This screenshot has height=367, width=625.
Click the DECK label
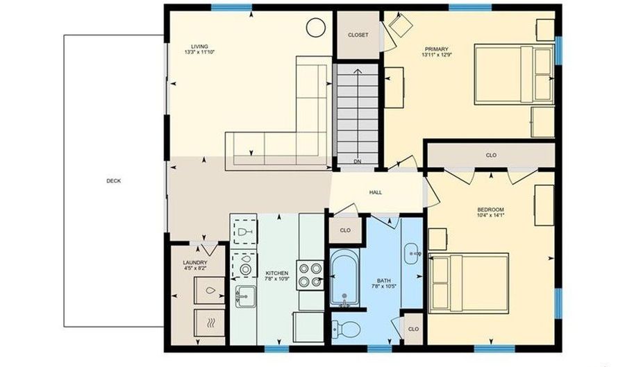coord(114,180)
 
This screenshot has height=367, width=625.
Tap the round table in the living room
coord(316,28)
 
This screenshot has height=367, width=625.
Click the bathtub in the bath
coord(344,278)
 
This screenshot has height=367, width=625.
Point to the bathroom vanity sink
coord(413,253)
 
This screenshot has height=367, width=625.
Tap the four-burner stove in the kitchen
coord(310,275)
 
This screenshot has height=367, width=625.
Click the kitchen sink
coord(246,296)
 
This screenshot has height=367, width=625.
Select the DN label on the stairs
coord(358,162)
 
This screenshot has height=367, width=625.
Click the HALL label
coord(376,192)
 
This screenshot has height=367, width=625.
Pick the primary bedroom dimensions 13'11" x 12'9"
coord(437,55)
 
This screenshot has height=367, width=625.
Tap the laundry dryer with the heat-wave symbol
coord(210,323)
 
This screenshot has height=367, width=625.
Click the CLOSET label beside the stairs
coord(358,35)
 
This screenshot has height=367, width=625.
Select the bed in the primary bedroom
coord(514,74)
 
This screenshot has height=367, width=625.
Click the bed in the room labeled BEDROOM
coord(468,283)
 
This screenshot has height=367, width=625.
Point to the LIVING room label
coord(199,46)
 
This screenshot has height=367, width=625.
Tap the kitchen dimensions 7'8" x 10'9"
coord(277,279)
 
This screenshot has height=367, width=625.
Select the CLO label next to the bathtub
coord(345,230)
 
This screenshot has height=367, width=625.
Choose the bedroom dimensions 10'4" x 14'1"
coord(491,215)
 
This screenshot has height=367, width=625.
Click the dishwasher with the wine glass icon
coord(243,231)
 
